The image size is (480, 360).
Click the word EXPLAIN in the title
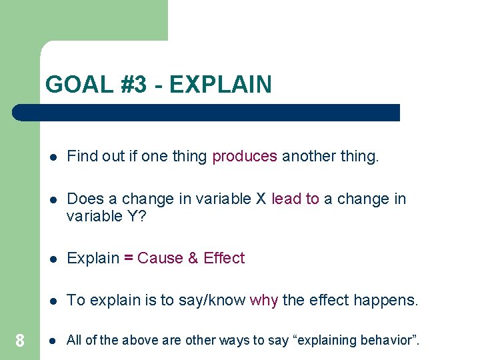(221, 85)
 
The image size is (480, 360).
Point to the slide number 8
(20, 341)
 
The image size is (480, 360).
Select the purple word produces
(244, 157)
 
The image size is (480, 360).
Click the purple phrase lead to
(295, 199)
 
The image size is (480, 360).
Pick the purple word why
(264, 301)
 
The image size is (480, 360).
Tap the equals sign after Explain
(129, 259)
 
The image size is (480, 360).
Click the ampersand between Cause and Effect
(193, 259)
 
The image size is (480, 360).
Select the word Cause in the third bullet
(160, 259)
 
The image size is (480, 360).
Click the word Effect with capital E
(224, 259)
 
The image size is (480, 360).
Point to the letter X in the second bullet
(261, 199)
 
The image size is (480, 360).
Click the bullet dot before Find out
(53, 157)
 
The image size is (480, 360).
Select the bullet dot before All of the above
(53, 341)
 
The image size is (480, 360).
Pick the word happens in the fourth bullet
(385, 301)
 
